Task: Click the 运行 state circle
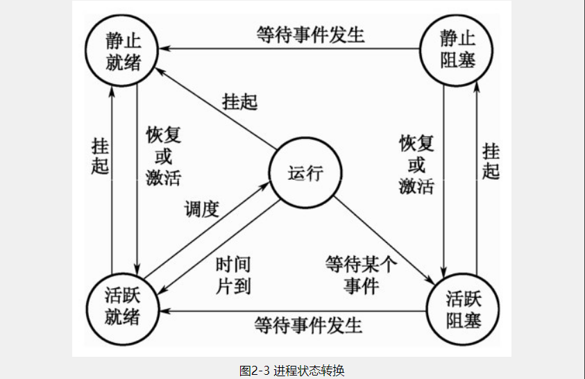click(305, 174)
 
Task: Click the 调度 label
click(201, 209)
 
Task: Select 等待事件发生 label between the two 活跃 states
click(308, 323)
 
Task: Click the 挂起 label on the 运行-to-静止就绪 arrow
click(239, 101)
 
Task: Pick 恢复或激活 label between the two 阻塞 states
click(416, 165)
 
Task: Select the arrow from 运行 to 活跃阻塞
click(385, 238)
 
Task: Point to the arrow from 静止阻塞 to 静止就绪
click(291, 50)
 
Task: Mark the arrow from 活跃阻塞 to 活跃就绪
click(291, 312)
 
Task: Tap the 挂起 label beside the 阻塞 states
click(491, 162)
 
